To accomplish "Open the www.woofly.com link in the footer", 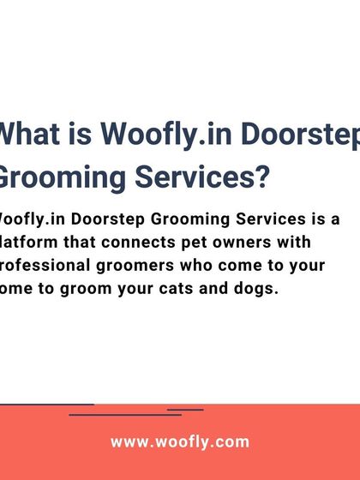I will click(x=180, y=442).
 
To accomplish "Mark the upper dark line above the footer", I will click(x=47, y=405).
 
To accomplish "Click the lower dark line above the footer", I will click(x=125, y=415).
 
